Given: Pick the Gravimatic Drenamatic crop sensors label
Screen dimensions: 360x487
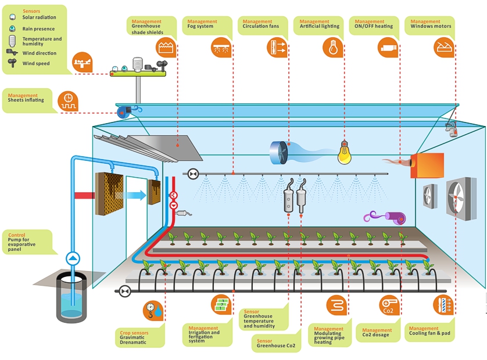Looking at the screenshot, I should point(134,338).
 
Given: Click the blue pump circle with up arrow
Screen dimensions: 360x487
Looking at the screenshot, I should point(73,258).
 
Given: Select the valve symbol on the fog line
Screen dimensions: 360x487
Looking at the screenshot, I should point(194,174).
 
